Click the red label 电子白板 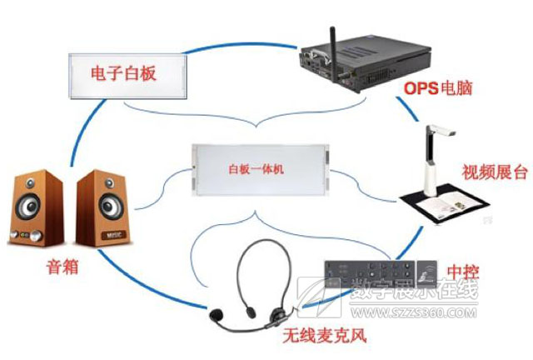[123, 73]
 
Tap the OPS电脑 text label [438, 88]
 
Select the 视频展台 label [495, 172]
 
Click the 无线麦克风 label [325, 336]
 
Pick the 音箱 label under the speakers [62, 267]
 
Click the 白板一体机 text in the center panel [256, 169]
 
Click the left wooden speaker [36, 207]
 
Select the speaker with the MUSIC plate [103, 208]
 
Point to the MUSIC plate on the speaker [114, 235]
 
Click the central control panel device [381, 274]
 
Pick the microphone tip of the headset [217, 315]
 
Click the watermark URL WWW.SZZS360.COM [413, 312]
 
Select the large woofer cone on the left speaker [30, 205]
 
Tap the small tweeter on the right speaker [109, 183]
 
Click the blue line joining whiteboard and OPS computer [241, 45]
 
